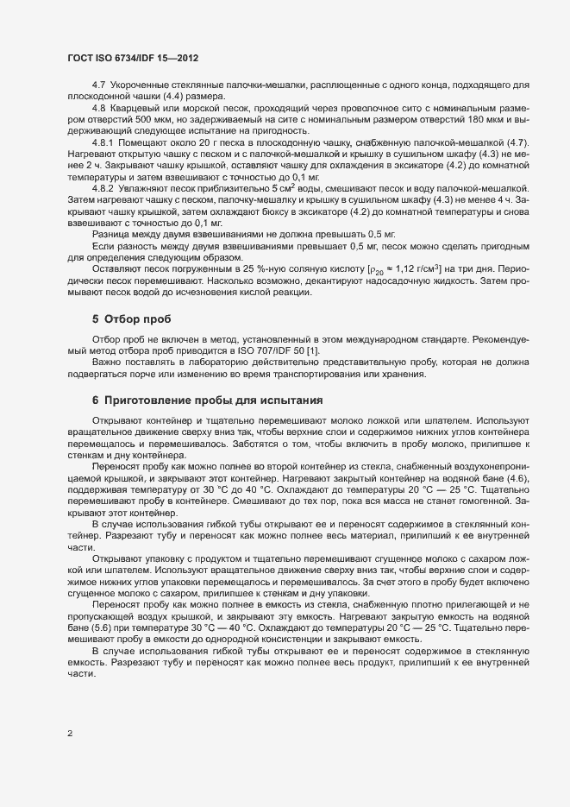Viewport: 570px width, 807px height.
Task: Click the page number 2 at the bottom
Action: click(69, 734)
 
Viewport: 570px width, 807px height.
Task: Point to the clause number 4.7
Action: click(97, 85)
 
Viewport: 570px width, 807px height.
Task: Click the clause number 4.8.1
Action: click(103, 141)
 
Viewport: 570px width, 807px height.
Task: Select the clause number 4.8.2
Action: click(103, 186)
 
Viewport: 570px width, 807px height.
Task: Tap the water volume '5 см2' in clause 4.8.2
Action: click(286, 186)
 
